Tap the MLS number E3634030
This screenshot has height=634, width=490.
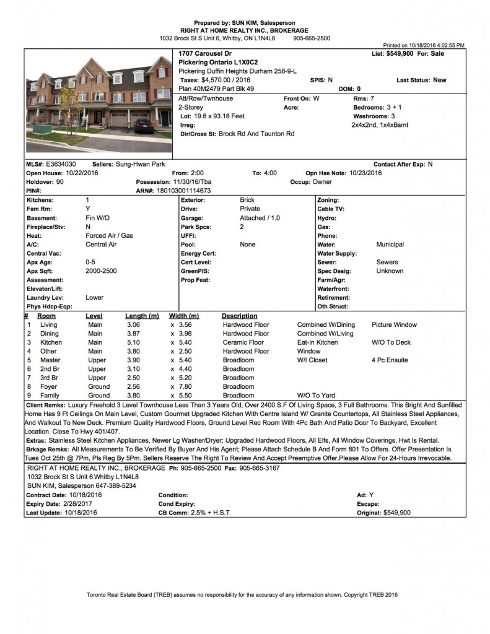(61, 164)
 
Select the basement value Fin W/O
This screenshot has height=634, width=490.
(98, 218)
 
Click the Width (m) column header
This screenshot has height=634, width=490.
(184, 316)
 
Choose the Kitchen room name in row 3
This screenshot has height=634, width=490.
(51, 342)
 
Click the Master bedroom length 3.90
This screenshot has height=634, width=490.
(134, 360)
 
